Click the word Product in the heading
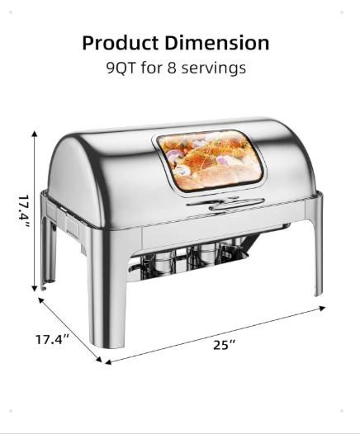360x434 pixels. tap(121, 43)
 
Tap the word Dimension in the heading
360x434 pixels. tap(217, 43)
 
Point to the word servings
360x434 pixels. tap(214, 68)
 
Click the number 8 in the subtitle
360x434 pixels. tap(172, 68)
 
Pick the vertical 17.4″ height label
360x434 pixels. tap(24, 211)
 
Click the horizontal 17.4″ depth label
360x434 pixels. tap(52, 339)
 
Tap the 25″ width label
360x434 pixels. tap(225, 345)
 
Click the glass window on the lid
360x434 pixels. tap(210, 161)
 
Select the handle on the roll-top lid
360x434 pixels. tap(225, 205)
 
